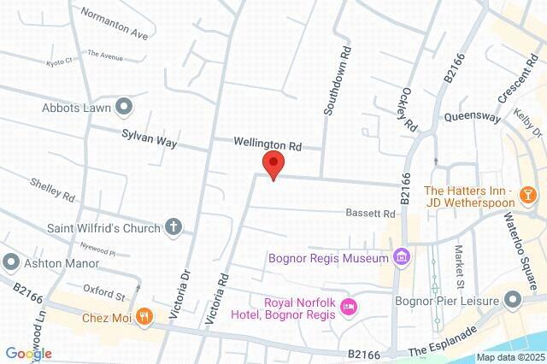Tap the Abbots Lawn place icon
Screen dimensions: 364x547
(123, 107)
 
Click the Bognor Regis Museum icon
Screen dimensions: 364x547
(401, 256)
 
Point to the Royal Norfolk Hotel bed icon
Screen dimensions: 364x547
(348, 307)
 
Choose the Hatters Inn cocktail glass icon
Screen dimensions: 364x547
(530, 196)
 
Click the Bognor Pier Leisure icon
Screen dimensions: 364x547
(513, 299)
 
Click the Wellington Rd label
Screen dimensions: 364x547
(270, 145)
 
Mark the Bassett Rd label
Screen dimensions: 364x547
(370, 213)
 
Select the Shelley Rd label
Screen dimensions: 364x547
(54, 189)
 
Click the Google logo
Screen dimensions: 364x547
(28, 353)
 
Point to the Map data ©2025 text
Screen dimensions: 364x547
(509, 357)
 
